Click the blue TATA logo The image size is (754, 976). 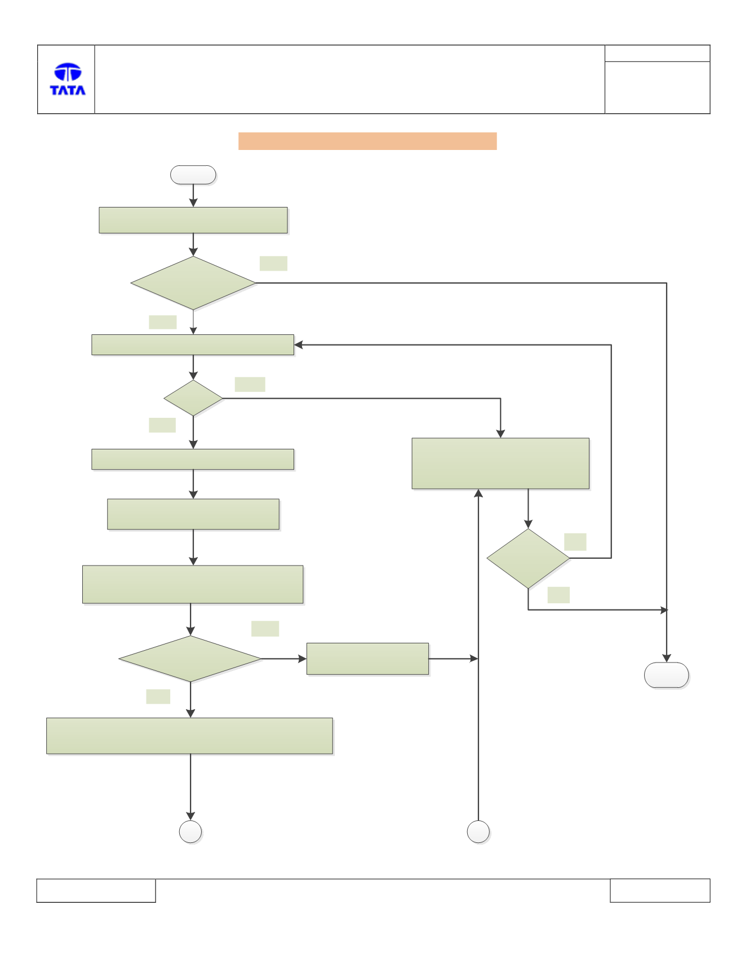(x=68, y=79)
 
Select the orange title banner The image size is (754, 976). (x=367, y=141)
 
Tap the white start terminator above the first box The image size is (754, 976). (x=193, y=175)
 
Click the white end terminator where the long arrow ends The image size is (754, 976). (x=667, y=675)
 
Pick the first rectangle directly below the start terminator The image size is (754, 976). (x=193, y=220)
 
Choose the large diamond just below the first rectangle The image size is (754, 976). (x=193, y=283)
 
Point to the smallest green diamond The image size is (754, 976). (x=193, y=398)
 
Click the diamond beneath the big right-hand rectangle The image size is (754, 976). (x=528, y=559)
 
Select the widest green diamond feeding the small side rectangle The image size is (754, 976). (x=190, y=659)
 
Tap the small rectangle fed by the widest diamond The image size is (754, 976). (x=367, y=659)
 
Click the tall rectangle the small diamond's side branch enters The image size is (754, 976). (x=500, y=463)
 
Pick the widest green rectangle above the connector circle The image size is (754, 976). (x=189, y=736)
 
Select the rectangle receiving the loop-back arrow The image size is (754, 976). (x=193, y=345)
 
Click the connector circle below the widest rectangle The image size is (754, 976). (x=190, y=832)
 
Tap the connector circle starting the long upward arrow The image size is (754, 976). (x=478, y=832)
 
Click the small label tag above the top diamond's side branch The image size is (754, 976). (x=273, y=263)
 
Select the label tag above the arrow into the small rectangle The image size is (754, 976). (x=265, y=629)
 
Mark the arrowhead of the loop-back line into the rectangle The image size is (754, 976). (x=299, y=345)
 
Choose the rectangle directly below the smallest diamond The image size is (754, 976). (x=193, y=460)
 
